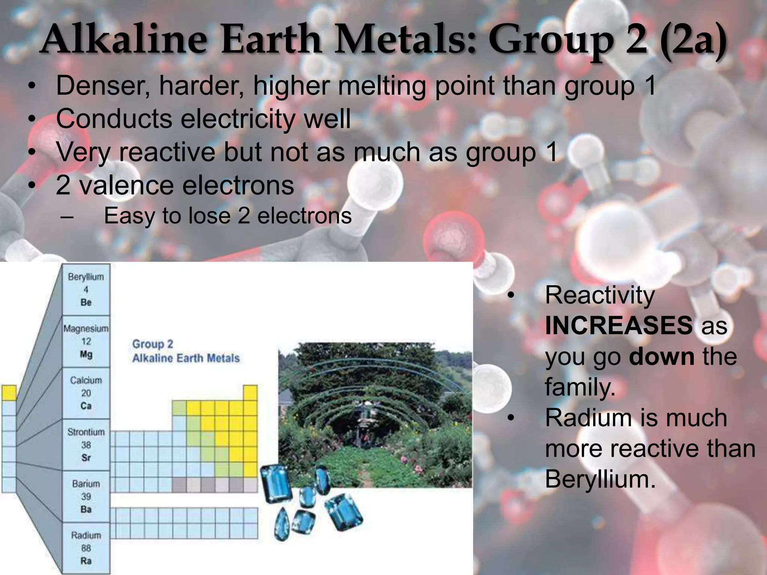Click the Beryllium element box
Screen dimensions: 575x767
(86, 289)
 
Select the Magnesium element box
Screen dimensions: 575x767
(86, 341)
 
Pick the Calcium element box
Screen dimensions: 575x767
(86, 393)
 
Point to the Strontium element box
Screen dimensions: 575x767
(86, 445)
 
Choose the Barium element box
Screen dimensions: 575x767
(86, 496)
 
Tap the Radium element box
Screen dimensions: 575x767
(86, 548)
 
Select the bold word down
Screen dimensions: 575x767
(662, 356)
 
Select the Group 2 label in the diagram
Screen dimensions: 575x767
(153, 344)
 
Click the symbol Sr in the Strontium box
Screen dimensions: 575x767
(86, 457)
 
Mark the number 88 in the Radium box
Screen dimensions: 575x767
(86, 548)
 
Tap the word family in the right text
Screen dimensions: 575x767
(580, 387)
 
